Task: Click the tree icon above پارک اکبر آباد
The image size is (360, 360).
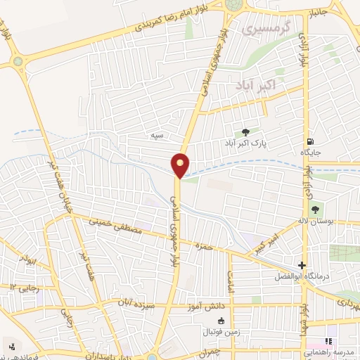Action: pyautogui.click(x=245, y=131)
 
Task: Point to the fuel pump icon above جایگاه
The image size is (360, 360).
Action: pyautogui.click(x=310, y=141)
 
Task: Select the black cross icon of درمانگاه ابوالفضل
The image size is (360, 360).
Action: pyautogui.click(x=302, y=265)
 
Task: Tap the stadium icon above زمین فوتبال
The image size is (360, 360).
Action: pyautogui.click(x=221, y=321)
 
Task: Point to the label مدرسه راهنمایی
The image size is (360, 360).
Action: pyautogui.click(x=329, y=350)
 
